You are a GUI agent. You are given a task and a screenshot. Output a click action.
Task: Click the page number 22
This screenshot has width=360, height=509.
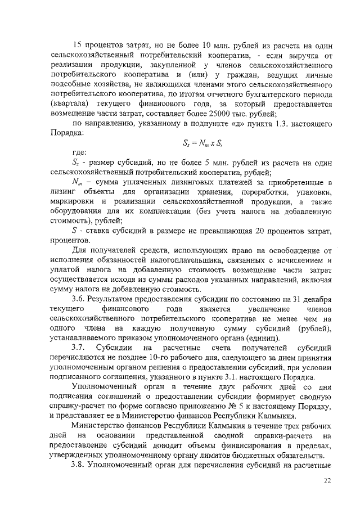[x=328, y=481]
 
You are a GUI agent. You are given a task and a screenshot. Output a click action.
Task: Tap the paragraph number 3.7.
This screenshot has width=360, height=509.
[x=79, y=347]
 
